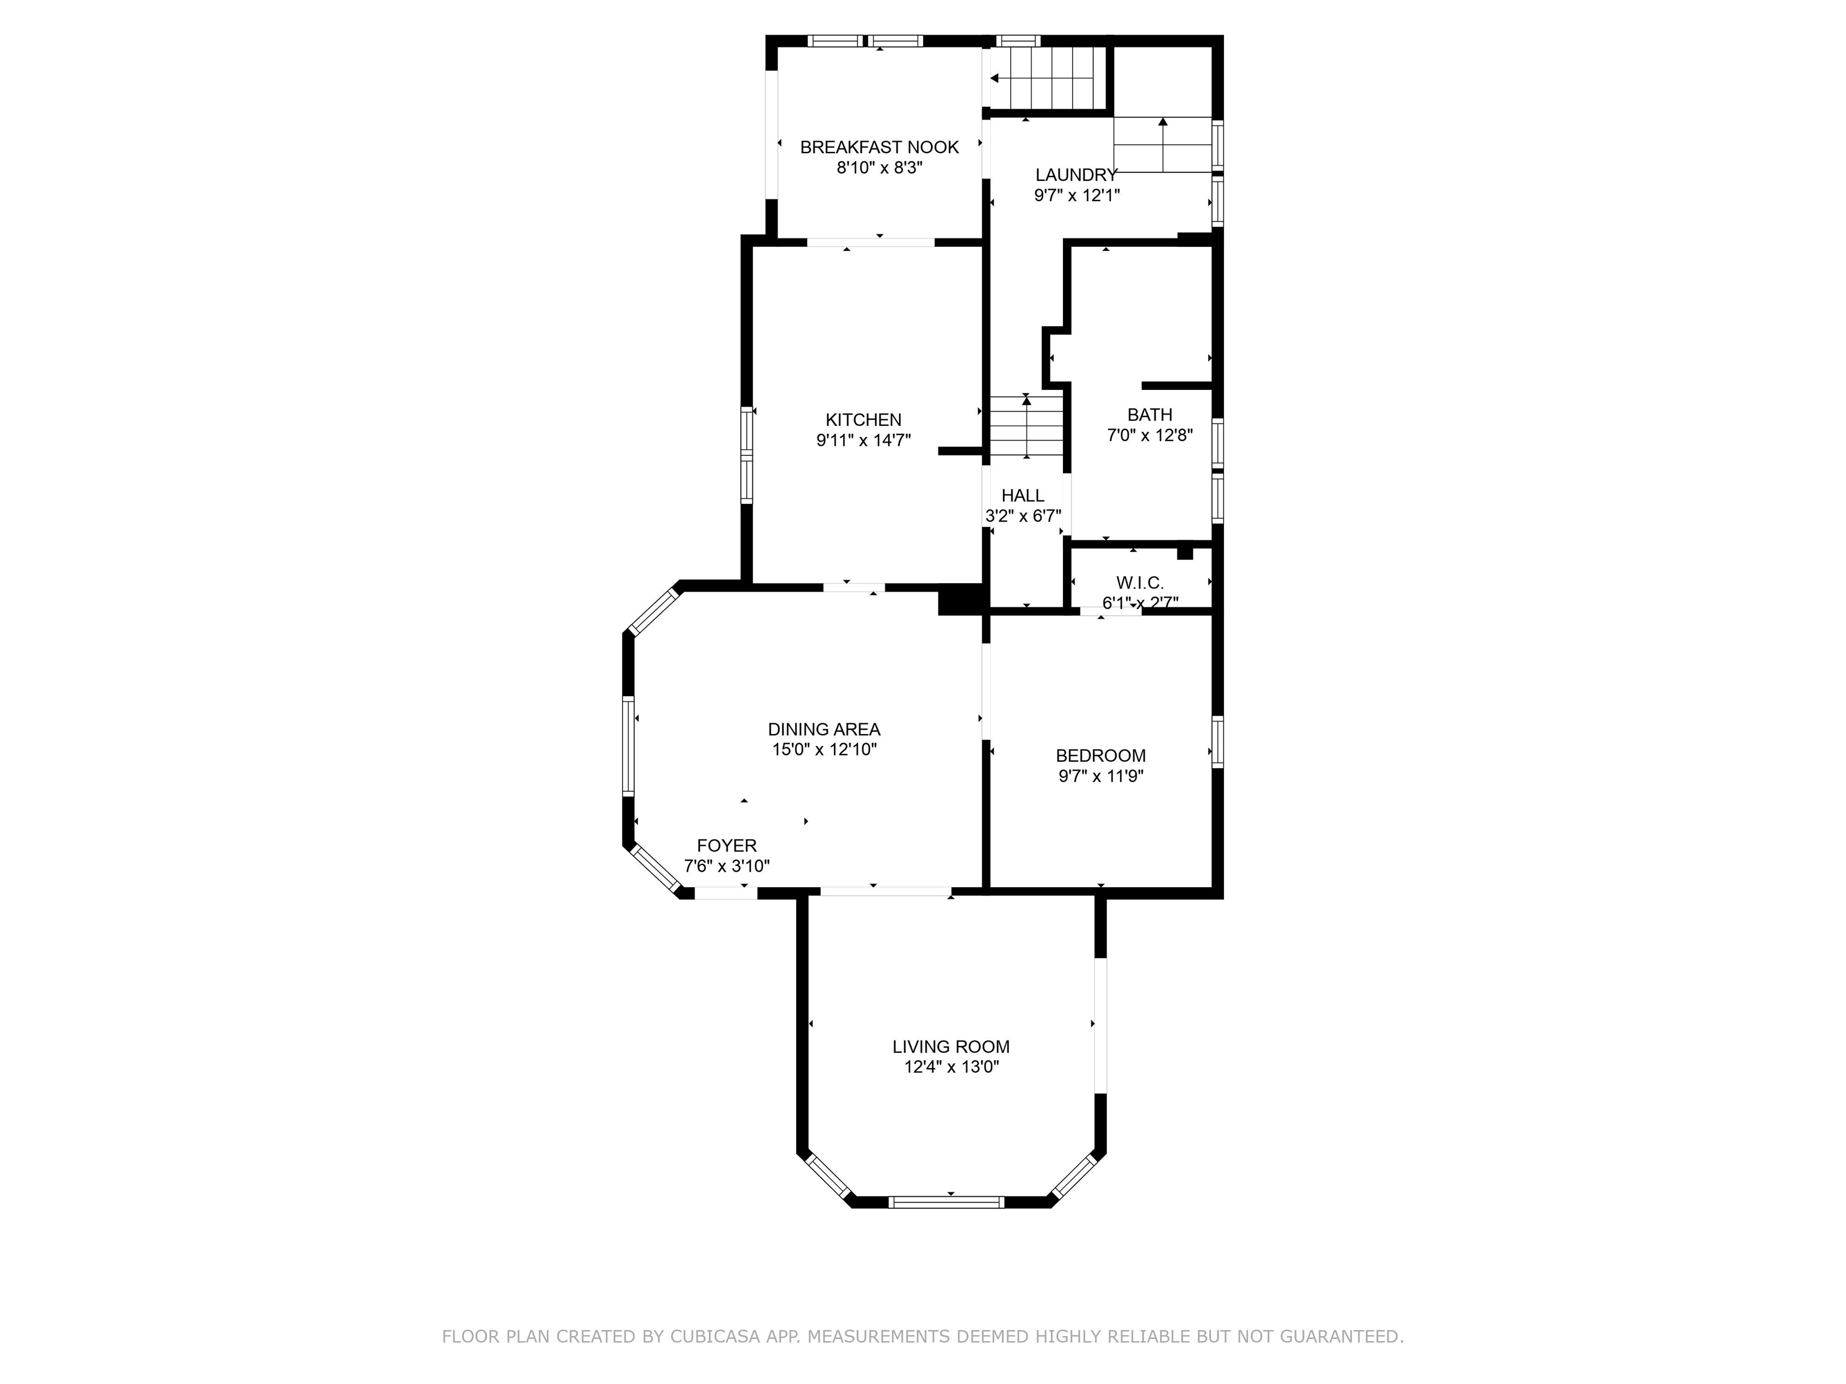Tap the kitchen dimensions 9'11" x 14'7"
pos(864,440)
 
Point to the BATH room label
pos(1150,414)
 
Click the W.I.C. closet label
pos(1140,583)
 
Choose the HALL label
pos(1023,496)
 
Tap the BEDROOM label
pos(1101,756)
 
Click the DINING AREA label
pos(824,730)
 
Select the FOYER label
pos(727,846)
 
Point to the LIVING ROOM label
pos(951,1047)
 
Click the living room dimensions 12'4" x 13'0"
pos(951,1067)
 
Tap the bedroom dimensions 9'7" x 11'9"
pos(1101,777)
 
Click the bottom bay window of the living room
pos(946,1202)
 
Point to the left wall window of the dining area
pos(629,746)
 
